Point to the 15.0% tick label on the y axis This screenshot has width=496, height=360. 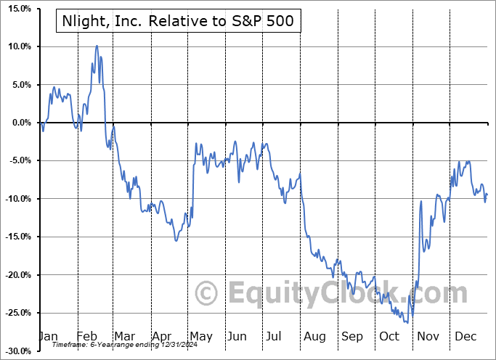pos(17,9)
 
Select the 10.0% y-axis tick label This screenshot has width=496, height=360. pos(17,46)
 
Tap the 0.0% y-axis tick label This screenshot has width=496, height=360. pos(19,123)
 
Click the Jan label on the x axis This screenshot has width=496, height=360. pos(48,336)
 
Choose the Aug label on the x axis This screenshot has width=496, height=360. pos(314,336)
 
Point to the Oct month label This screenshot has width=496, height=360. pos(390,336)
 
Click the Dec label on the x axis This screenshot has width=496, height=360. pos(465,336)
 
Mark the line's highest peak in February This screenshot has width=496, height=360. pos(97,46)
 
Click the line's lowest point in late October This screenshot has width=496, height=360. pos(407,322)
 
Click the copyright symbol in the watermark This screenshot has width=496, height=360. pos(208,294)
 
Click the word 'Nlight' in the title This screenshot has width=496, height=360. pos(84,21)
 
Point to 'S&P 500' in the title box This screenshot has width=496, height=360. pos(264,21)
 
